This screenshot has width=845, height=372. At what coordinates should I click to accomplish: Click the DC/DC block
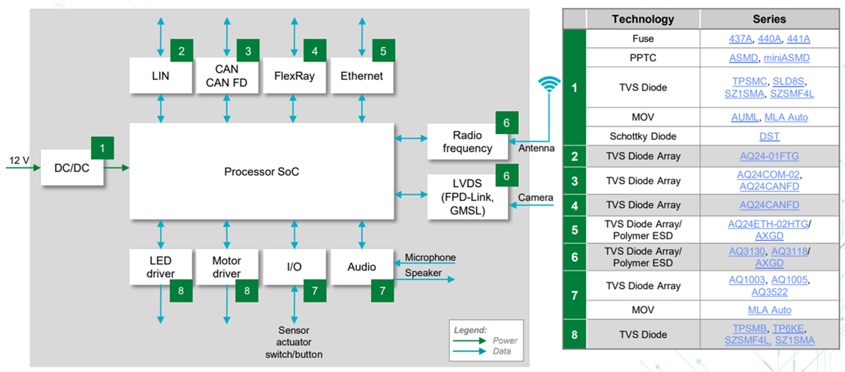click(71, 168)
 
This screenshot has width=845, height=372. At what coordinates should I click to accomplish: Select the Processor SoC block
click(261, 171)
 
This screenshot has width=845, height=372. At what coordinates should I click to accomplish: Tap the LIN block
click(161, 75)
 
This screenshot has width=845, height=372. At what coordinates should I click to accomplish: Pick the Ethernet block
click(361, 75)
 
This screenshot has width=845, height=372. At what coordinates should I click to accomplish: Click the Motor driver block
click(226, 267)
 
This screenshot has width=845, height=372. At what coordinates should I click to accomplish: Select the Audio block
click(361, 267)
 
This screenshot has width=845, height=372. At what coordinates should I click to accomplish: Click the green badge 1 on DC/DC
click(103, 148)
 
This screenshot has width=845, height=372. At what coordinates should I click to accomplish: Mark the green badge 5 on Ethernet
click(383, 51)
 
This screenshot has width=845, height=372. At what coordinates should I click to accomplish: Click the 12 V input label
click(18, 160)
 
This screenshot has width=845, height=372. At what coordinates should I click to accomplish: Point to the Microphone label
click(430, 257)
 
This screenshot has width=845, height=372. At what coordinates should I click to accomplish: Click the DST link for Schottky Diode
click(768, 136)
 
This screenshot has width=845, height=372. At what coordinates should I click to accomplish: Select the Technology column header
click(642, 19)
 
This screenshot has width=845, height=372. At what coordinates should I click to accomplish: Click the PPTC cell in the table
click(643, 58)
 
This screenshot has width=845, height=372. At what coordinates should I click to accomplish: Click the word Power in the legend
click(504, 340)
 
